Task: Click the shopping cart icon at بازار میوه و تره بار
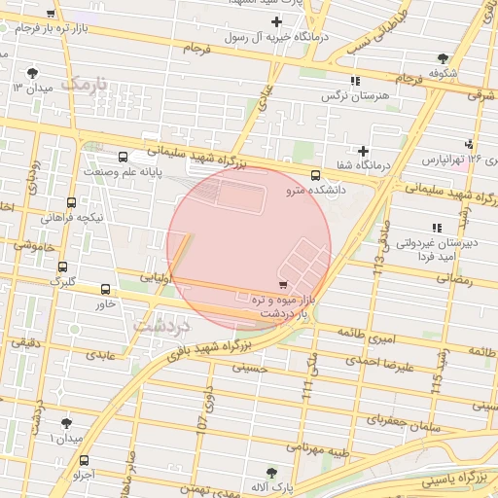pyautogui.click(x=282, y=285)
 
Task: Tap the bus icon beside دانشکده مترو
pyautogui.click(x=315, y=175)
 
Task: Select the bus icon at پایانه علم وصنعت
pyautogui.click(x=123, y=158)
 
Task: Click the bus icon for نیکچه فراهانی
pyautogui.click(x=71, y=203)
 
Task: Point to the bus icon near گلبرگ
pyautogui.click(x=63, y=267)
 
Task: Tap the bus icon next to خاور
pyautogui.click(x=105, y=289)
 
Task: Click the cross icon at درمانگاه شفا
pyautogui.click(x=364, y=151)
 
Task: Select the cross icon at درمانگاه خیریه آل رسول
pyautogui.click(x=277, y=21)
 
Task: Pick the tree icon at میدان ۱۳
pyautogui.click(x=33, y=73)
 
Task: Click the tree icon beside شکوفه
pyautogui.click(x=443, y=58)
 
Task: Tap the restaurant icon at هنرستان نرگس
pyautogui.click(x=355, y=81)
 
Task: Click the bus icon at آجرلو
pyautogui.click(x=84, y=461)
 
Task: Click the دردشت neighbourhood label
pyautogui.click(x=163, y=326)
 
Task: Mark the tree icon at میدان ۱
pyautogui.click(x=66, y=423)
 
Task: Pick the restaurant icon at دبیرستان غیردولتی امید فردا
pyautogui.click(x=436, y=228)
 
